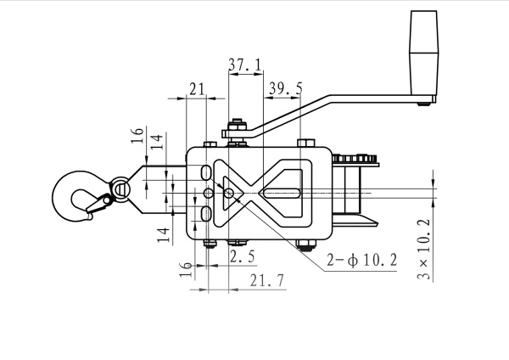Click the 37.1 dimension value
(x=245, y=65)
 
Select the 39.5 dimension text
(x=286, y=88)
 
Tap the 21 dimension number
(x=197, y=89)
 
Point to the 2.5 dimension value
(x=243, y=256)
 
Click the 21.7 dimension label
(x=267, y=280)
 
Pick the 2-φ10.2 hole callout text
(x=361, y=260)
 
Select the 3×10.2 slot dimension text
(x=424, y=250)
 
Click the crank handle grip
(x=423, y=53)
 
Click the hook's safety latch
(x=98, y=204)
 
